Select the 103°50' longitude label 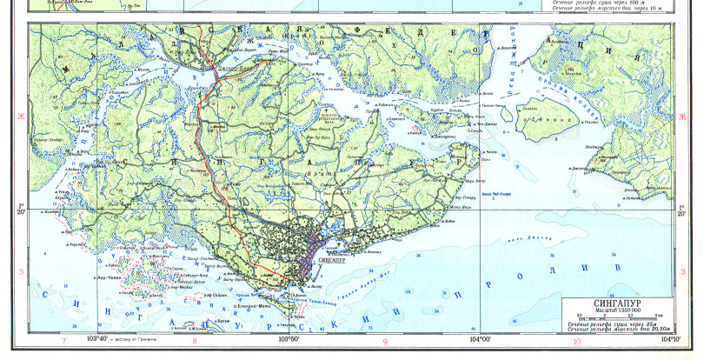[290, 339]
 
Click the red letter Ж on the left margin [14, 114]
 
